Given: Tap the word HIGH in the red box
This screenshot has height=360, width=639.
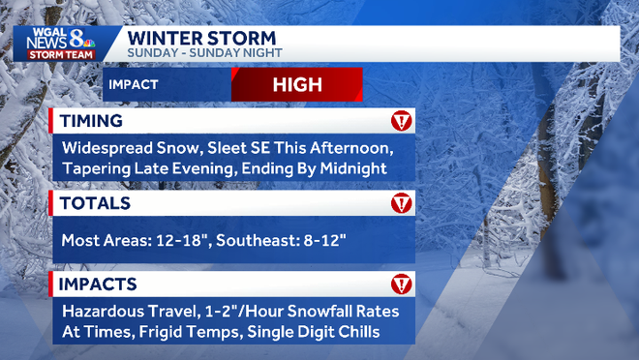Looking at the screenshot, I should click(x=296, y=84).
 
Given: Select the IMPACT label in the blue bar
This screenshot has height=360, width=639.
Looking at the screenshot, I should click(x=133, y=85).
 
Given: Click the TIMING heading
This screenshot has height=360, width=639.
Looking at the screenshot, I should click(x=91, y=121).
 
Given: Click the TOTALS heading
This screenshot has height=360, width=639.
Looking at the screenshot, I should click(x=94, y=203).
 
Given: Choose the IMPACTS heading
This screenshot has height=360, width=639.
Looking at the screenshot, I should click(x=98, y=285).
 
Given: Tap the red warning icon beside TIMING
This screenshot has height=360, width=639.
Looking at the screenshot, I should click(x=401, y=121).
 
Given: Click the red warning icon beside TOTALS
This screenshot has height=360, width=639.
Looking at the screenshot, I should click(x=401, y=203).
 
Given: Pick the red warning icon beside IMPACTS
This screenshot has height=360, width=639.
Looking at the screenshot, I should click(x=401, y=285).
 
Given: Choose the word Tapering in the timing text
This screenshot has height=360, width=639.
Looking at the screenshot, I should click(x=97, y=168).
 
